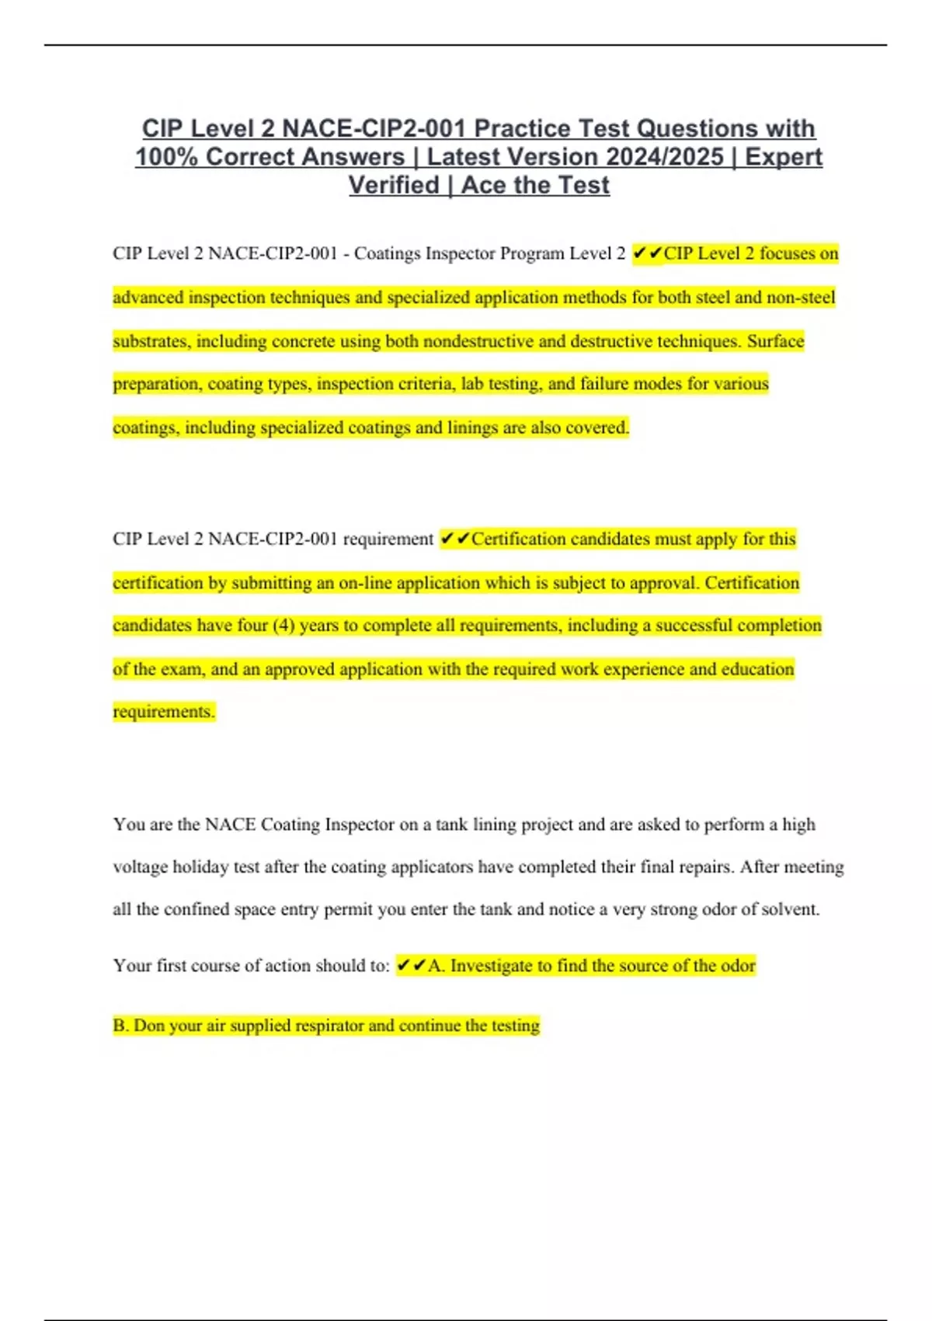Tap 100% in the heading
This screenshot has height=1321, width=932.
(167, 157)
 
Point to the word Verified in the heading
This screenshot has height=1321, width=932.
(394, 186)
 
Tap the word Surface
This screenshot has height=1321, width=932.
(775, 341)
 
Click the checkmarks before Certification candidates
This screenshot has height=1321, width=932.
(454, 539)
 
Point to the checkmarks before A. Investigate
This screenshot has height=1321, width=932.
(411, 966)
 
